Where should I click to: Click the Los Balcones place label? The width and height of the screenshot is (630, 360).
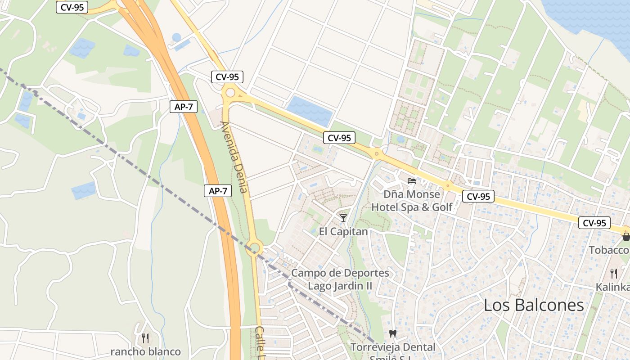pyautogui.click(x=534, y=305)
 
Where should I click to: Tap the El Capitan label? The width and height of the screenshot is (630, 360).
pyautogui.click(x=343, y=232)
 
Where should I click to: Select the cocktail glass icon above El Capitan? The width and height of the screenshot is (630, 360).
pyautogui.click(x=343, y=218)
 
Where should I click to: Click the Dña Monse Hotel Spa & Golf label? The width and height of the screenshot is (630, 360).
pyautogui.click(x=411, y=201)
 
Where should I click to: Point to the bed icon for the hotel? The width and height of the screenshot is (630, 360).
pyautogui.click(x=411, y=181)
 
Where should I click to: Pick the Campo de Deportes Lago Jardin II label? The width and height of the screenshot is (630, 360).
pyautogui.click(x=340, y=279)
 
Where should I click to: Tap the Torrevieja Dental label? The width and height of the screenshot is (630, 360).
pyautogui.click(x=393, y=347)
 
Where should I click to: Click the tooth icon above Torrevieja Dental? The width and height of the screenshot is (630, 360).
pyautogui.click(x=392, y=333)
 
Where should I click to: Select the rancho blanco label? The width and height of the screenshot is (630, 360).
pyautogui.click(x=146, y=351)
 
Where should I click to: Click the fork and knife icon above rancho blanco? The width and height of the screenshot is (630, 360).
pyautogui.click(x=145, y=338)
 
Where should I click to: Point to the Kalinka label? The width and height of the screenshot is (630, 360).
pyautogui.click(x=612, y=287)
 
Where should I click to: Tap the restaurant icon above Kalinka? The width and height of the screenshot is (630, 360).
pyautogui.click(x=613, y=273)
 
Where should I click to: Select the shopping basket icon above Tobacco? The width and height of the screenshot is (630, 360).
pyautogui.click(x=625, y=237)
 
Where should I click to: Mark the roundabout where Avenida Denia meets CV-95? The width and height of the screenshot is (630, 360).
pyautogui.click(x=230, y=93)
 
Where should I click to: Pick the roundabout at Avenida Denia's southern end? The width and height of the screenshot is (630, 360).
pyautogui.click(x=254, y=247)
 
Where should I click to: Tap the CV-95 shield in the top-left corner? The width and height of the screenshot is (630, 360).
pyautogui.click(x=72, y=7)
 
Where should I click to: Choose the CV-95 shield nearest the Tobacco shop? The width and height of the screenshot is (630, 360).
pyautogui.click(x=594, y=223)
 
